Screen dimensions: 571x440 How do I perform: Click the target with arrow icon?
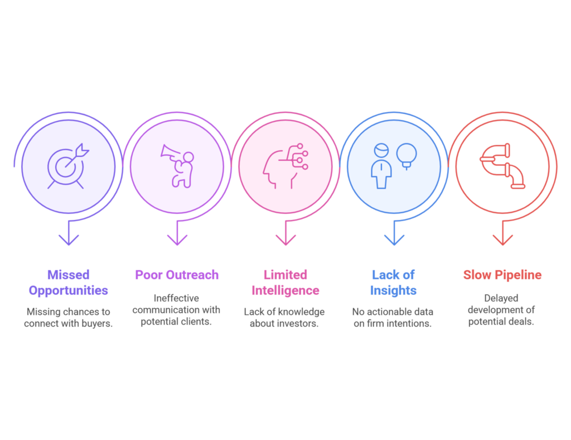point(67,166)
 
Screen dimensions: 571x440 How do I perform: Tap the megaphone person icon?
point(177,166)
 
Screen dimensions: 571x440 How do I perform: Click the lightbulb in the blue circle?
point(407,156)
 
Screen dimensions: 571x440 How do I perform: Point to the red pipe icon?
point(502,166)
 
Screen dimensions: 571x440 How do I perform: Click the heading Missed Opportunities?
point(69,283)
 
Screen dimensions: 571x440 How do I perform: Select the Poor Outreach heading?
point(177,275)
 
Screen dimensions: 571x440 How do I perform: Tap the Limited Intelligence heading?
point(285,283)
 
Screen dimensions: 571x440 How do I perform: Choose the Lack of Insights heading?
point(393,283)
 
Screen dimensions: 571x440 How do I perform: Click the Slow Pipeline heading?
point(502,275)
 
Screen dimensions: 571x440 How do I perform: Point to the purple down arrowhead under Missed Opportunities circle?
point(69,240)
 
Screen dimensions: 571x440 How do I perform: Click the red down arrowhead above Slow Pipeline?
point(503,240)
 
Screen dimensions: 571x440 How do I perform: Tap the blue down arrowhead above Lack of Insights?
point(394,240)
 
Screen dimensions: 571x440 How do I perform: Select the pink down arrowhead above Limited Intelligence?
point(286,240)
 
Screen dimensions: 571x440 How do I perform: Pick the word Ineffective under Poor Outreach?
point(176,298)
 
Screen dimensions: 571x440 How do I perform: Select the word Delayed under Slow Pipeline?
point(501,299)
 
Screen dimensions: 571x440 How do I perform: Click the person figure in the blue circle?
point(381,166)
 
